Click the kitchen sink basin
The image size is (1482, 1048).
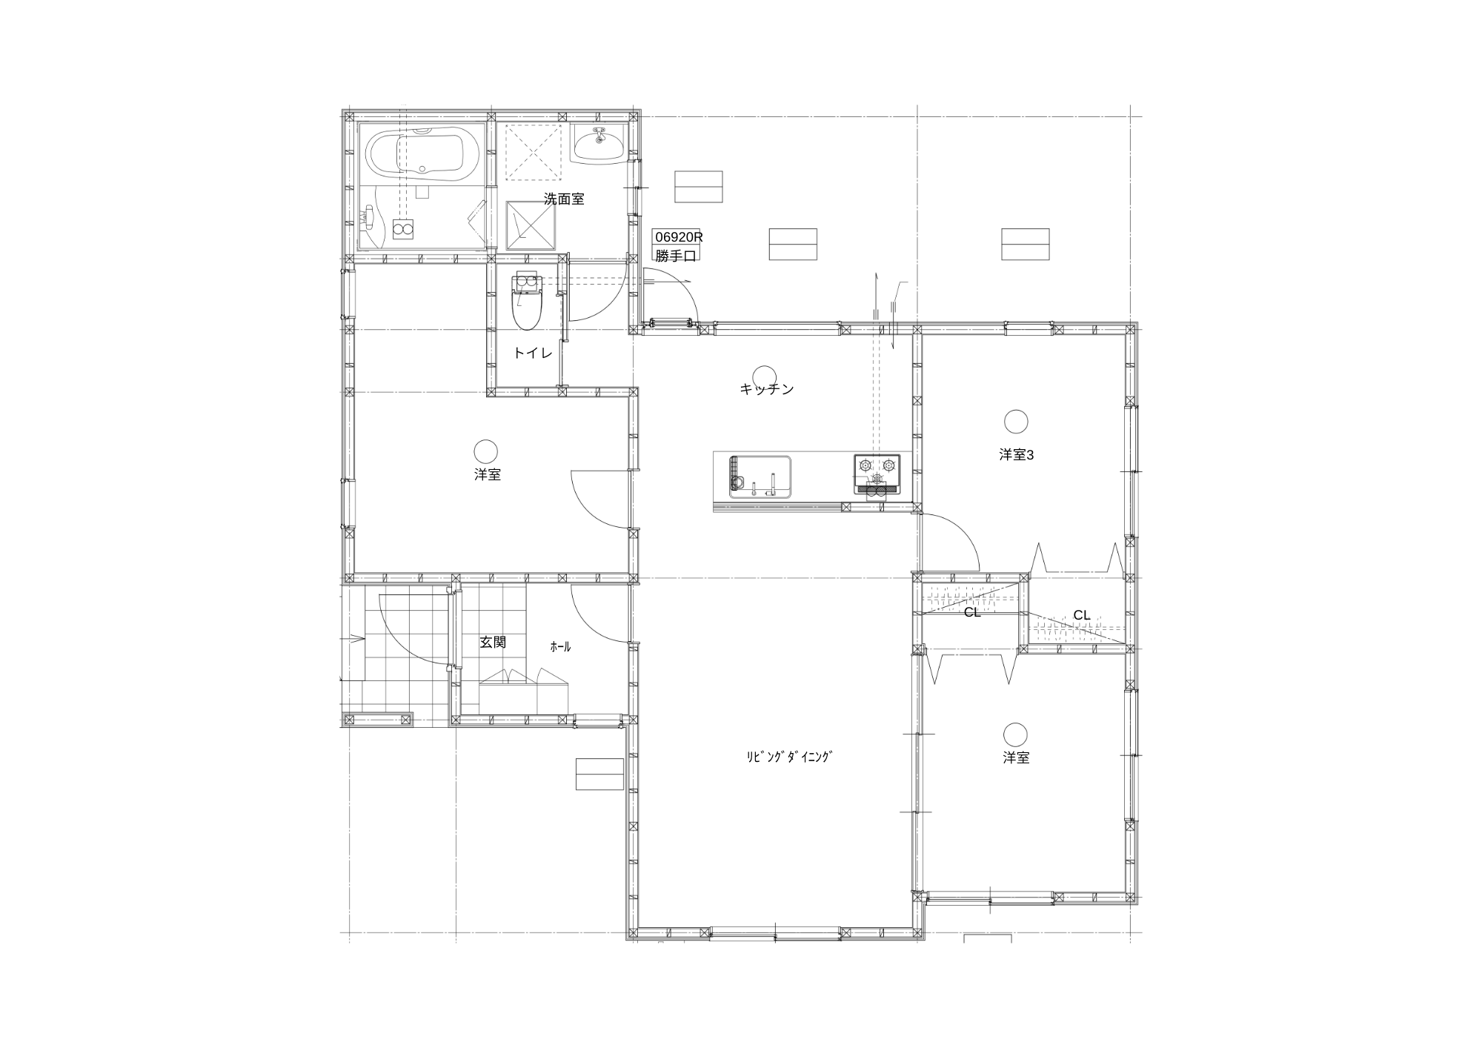(760, 477)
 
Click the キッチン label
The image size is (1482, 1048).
(766, 389)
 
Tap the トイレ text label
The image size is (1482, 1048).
(533, 354)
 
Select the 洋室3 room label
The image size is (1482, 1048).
(1016, 455)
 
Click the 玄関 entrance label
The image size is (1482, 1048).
(493, 643)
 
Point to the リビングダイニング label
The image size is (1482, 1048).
(789, 757)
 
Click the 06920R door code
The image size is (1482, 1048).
(677, 237)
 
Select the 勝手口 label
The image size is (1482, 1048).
(675, 256)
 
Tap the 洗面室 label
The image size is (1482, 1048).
(564, 199)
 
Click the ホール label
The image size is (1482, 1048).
(560, 647)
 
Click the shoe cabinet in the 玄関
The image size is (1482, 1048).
(524, 692)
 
